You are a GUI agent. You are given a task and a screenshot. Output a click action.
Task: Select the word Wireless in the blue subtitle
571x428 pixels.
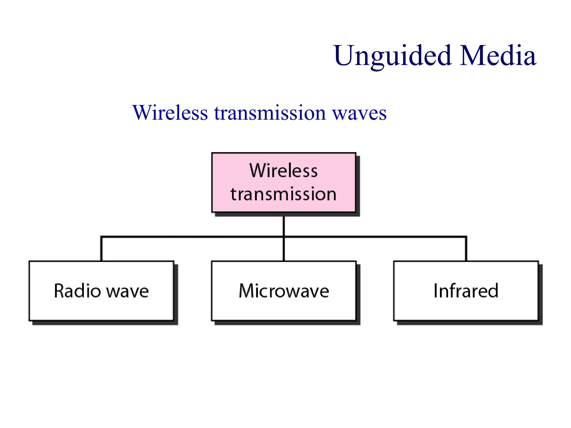pyautogui.click(x=170, y=113)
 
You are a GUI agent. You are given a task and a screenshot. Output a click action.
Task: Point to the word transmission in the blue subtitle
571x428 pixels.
pyautogui.click(x=270, y=113)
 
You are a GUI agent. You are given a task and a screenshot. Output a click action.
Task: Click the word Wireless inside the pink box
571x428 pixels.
pyautogui.click(x=284, y=171)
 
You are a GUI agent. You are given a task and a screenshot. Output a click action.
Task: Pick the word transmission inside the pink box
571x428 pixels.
pyautogui.click(x=284, y=194)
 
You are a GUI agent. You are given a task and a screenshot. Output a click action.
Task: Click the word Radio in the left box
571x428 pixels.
pyautogui.click(x=77, y=291)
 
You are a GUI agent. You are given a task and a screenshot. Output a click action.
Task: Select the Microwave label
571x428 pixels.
pyautogui.click(x=284, y=291)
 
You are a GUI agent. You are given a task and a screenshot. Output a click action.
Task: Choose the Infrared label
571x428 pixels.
pyautogui.click(x=466, y=291)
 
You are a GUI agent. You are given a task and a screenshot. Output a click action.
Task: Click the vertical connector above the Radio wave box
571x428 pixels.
pyautogui.click(x=101, y=249)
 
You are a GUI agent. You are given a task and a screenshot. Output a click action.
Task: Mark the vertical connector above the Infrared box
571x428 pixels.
pyautogui.click(x=466, y=249)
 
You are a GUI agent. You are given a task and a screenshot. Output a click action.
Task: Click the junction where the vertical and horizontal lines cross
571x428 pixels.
pyautogui.click(x=284, y=237)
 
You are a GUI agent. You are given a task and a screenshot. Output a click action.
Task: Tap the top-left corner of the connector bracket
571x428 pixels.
pyautogui.click(x=101, y=237)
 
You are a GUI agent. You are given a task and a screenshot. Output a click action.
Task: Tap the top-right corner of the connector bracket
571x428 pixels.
pyautogui.click(x=466, y=237)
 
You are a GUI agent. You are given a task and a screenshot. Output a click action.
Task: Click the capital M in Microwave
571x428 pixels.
pyautogui.click(x=246, y=291)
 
